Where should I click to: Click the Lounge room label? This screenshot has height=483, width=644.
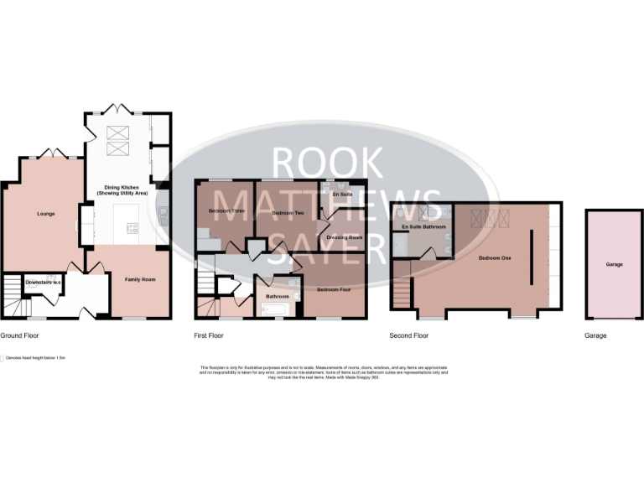(x=45, y=214)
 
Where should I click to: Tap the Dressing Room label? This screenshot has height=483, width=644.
(x=344, y=237)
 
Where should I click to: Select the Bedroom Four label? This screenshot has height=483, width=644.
(x=333, y=289)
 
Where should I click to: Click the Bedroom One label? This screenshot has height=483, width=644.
(x=494, y=258)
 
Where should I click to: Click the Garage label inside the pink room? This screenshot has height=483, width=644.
(x=615, y=264)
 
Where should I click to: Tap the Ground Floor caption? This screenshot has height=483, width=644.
(x=19, y=335)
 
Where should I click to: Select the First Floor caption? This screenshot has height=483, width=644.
(x=209, y=335)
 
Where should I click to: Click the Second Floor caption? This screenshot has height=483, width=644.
(x=408, y=335)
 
